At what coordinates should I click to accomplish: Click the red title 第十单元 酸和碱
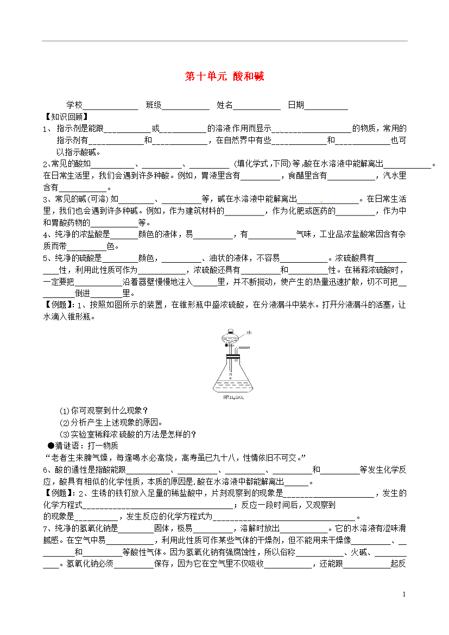[224, 77]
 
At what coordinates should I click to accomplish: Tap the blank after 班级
[186, 106]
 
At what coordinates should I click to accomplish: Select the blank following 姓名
[257, 106]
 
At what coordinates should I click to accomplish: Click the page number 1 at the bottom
[405, 595]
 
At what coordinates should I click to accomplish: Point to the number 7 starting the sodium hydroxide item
[46, 529]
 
